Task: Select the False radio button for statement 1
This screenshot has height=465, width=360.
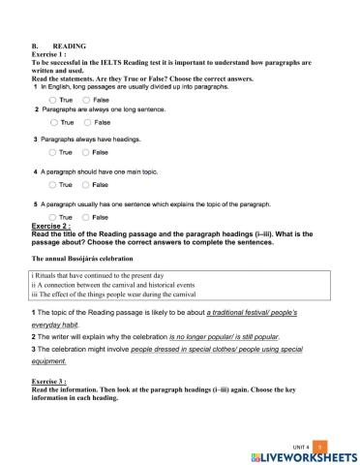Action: pos(87,99)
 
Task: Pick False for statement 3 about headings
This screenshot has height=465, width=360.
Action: pos(87,153)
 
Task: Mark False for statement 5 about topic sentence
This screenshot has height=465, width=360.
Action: pos(87,217)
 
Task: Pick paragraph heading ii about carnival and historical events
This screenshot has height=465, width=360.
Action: pos(107,285)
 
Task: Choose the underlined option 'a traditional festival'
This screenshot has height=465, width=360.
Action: pos(225,317)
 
